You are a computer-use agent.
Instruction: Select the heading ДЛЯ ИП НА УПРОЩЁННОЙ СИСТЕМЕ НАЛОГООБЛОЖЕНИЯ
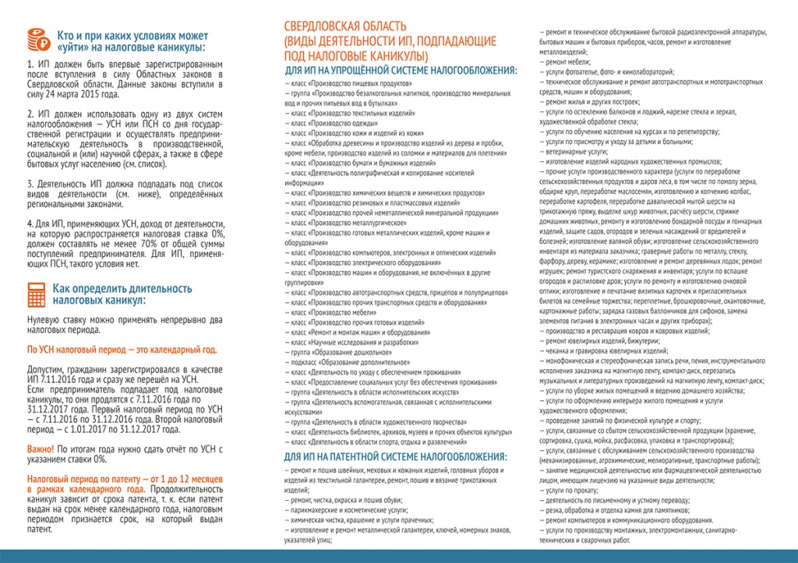[400, 70]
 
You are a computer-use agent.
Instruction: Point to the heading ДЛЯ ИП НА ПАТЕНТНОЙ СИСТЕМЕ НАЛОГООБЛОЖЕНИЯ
[397, 456]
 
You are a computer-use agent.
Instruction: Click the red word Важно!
[41, 449]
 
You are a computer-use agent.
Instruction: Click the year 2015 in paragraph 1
[99, 94]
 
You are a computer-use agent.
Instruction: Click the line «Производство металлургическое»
[342, 222]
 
